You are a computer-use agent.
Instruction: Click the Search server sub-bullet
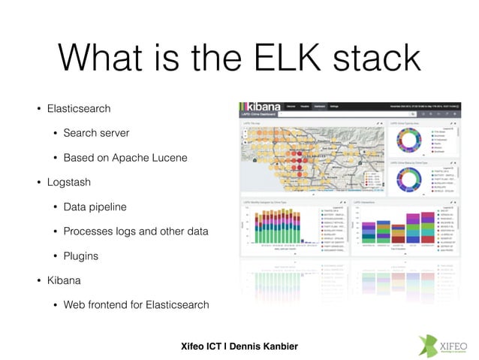(x=96, y=133)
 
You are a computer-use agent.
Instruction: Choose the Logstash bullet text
(x=68, y=182)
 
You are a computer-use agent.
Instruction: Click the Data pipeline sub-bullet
(x=95, y=206)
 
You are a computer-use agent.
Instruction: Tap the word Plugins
(x=81, y=256)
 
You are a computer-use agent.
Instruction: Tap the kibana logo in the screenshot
(x=262, y=107)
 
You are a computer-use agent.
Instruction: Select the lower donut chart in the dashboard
(x=405, y=180)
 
